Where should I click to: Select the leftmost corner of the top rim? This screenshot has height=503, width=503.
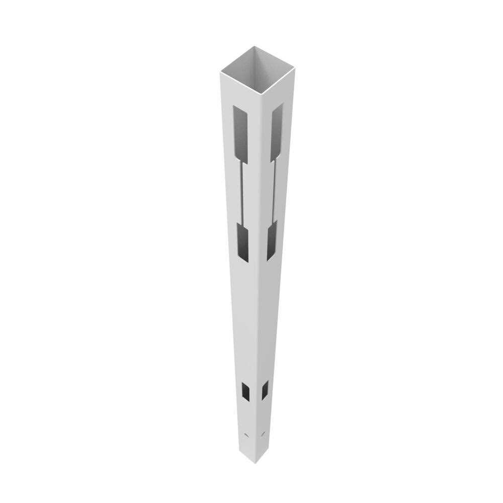(x=220, y=72)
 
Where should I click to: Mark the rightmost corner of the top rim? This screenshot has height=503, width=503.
(x=295, y=68)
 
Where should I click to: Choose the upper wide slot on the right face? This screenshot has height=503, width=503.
(x=277, y=132)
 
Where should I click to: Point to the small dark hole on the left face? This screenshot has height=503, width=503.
(x=246, y=391)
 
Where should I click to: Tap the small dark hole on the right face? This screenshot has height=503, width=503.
(x=265, y=390)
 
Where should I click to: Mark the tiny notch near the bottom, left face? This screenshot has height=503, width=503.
(x=246, y=434)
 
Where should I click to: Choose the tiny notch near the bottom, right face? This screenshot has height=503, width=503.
(x=263, y=433)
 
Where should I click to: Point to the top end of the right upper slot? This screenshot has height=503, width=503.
(x=278, y=106)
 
